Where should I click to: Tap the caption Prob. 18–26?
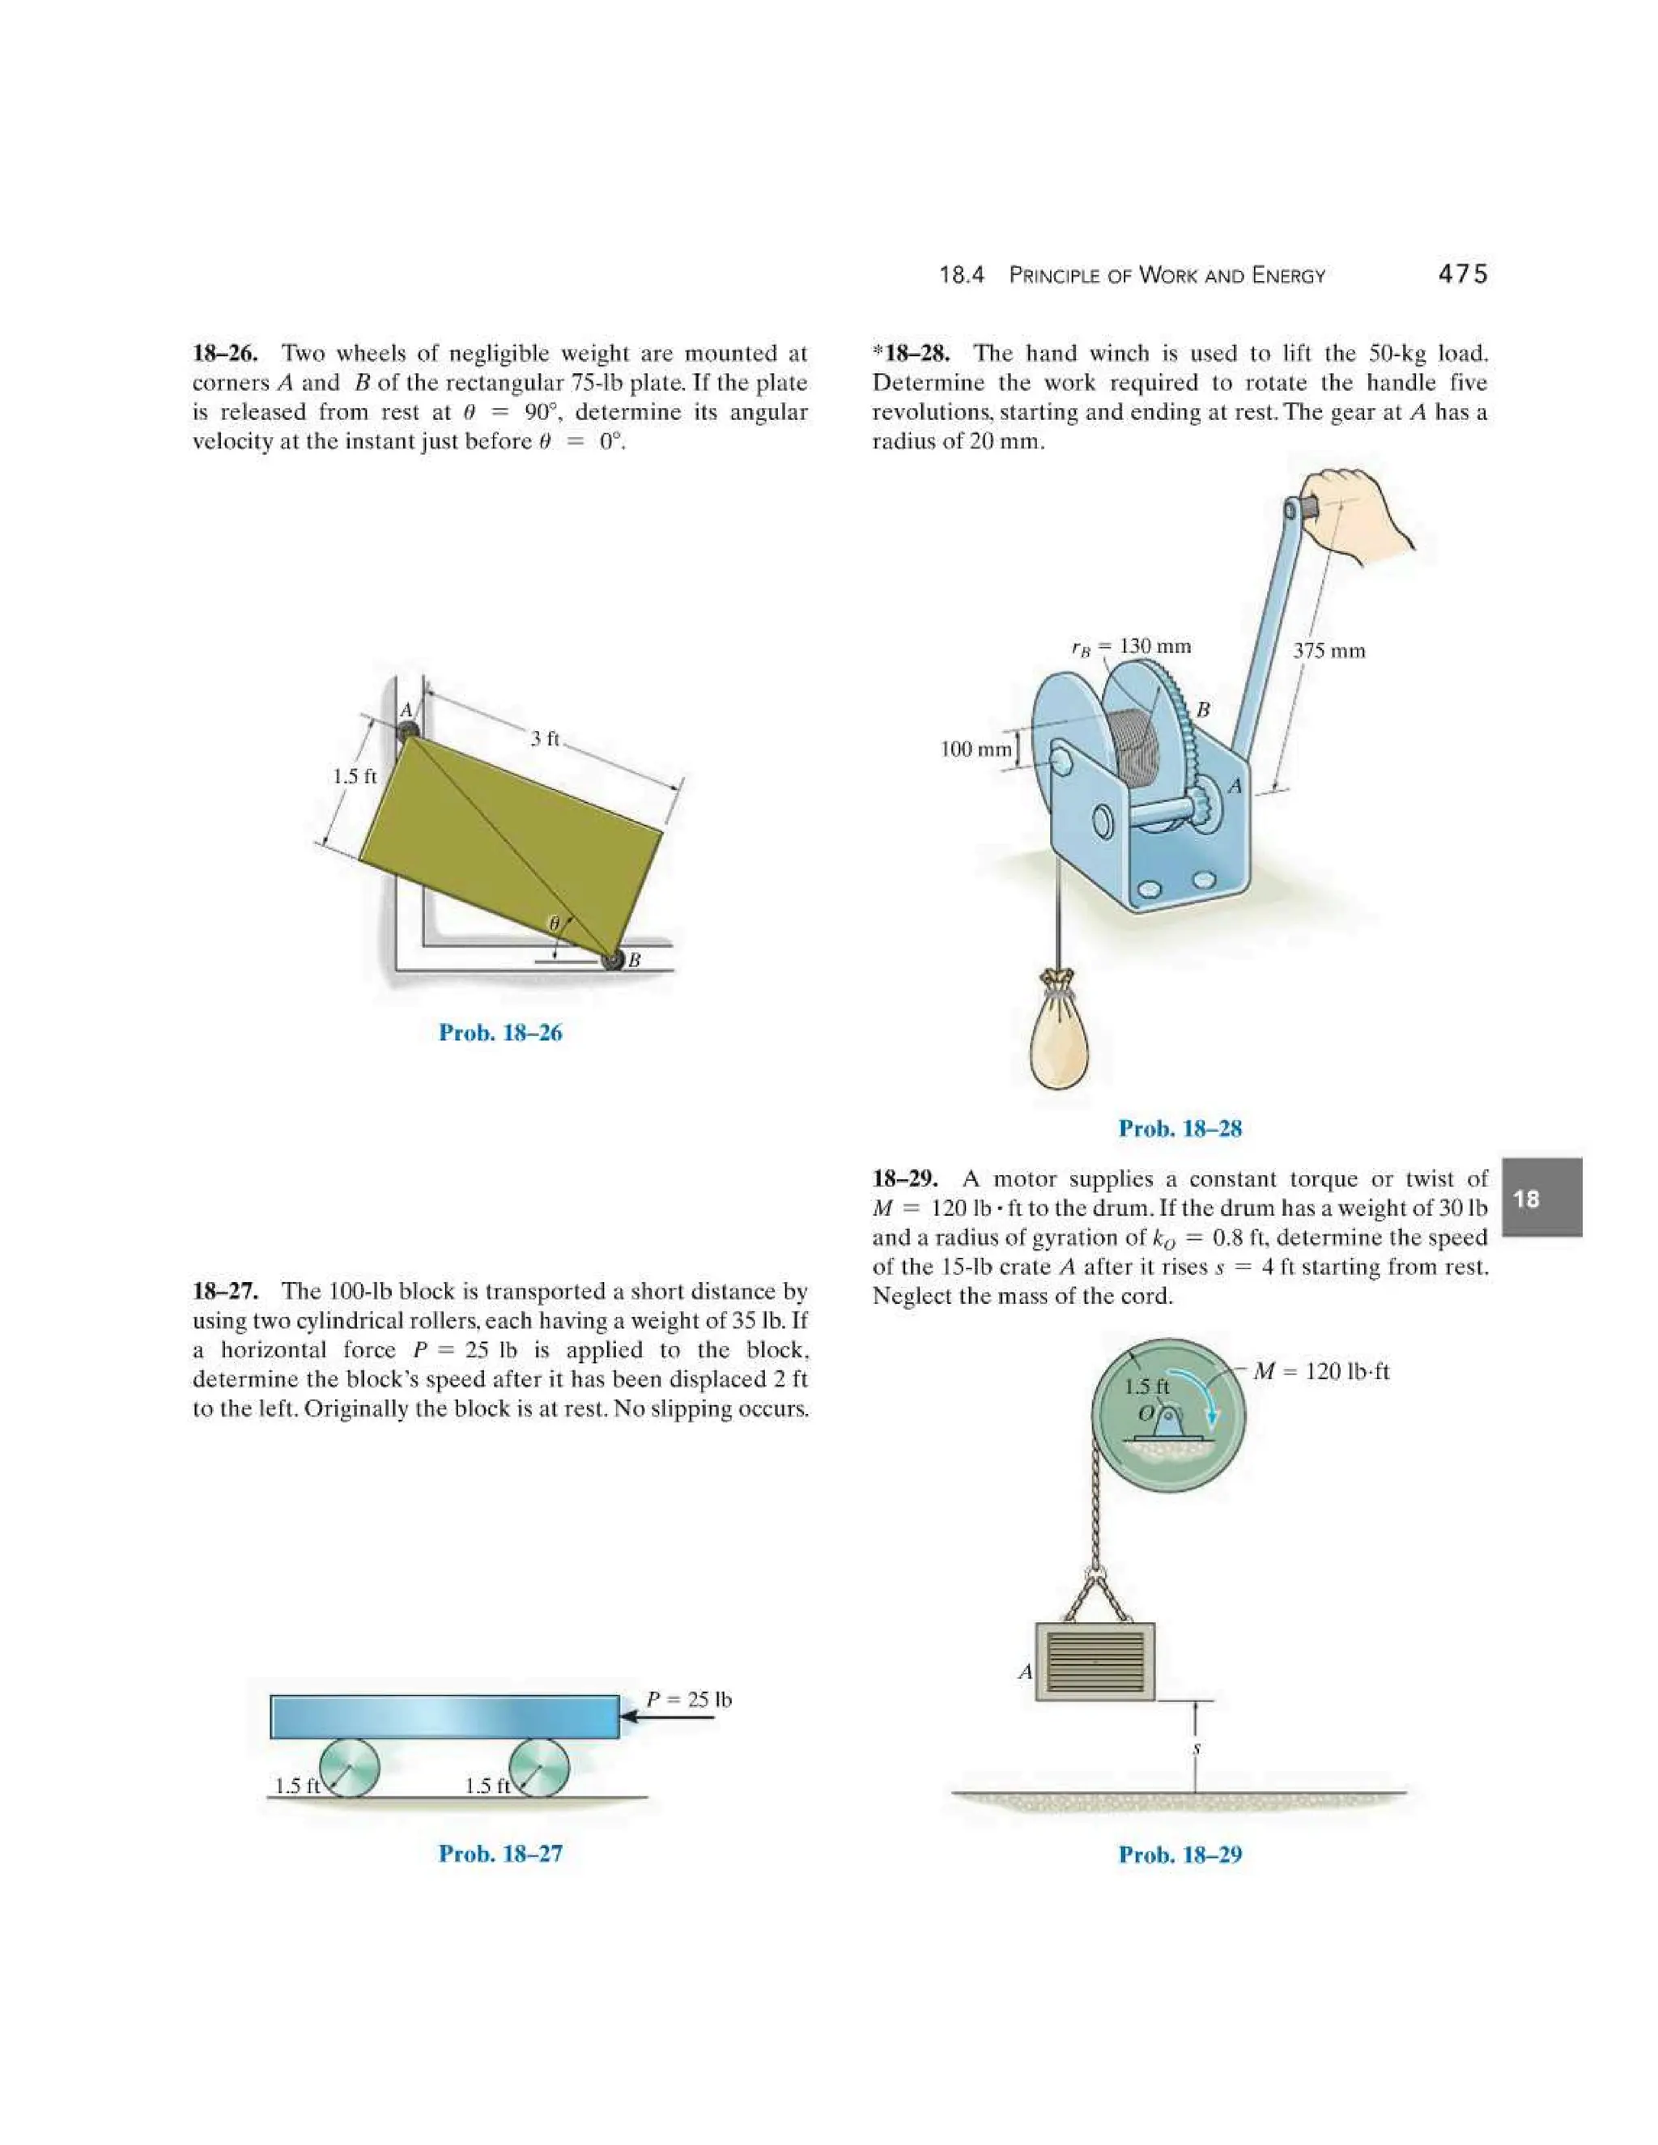[500, 1032]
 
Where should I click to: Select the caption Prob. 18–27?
[500, 1854]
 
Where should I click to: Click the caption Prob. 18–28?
[1180, 1128]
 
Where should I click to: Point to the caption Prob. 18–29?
[1180, 1854]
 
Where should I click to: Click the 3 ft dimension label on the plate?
[544, 737]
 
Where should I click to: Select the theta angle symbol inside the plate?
[554, 924]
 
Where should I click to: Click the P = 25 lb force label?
[689, 1699]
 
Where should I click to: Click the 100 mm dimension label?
[975, 750]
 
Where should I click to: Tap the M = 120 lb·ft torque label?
[1321, 1371]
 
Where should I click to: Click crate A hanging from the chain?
[1095, 1661]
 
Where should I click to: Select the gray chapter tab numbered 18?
[1541, 1197]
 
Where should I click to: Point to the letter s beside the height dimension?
[1197, 1748]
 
